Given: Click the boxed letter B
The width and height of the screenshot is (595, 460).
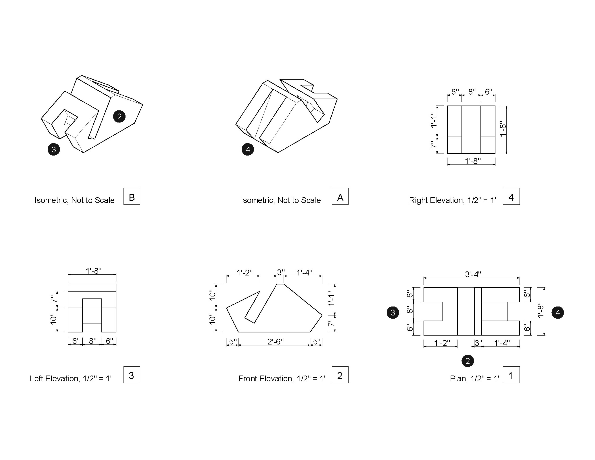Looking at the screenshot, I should pos(132,196).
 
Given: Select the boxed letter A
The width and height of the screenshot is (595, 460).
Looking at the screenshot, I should pos(340,196).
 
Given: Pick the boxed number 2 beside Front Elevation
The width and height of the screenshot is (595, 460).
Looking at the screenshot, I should pos(340,375).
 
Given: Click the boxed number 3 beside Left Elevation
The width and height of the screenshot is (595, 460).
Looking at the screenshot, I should pos(132,375).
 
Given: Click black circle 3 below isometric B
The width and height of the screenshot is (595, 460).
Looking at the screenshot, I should pos(54,149).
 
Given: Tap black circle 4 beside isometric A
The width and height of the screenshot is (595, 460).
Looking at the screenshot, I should pos(248,149).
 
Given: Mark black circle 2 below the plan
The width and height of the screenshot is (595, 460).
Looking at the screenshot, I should pos(468,361).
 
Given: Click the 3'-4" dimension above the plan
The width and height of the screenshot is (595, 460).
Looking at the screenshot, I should pos(473,274).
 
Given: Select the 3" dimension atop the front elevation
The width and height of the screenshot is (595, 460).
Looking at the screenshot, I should pos(281,272).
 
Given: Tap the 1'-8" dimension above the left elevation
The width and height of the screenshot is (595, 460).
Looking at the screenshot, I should pos(93,271).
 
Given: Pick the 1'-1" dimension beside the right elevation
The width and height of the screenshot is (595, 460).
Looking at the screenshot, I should pos(433,120).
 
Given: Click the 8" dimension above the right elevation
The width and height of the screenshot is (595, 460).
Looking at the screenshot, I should pos(472,92).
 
